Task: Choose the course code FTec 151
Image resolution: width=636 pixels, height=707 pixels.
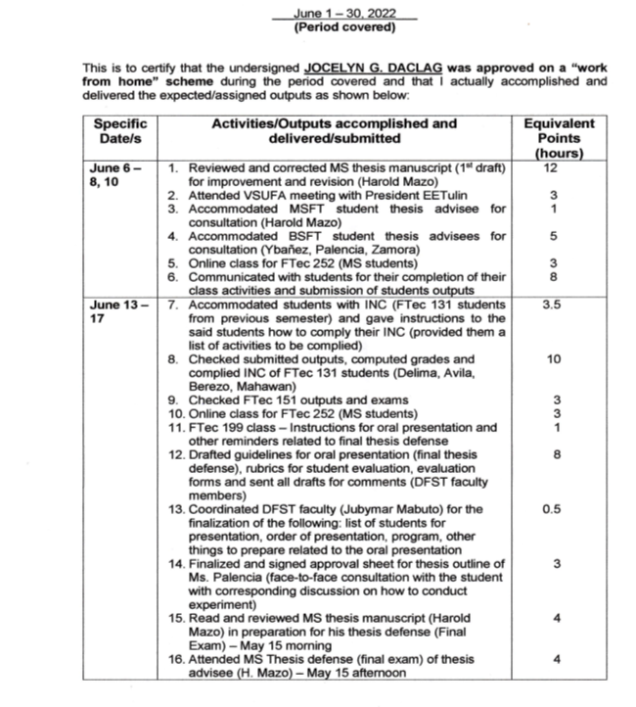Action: [x=269, y=400]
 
